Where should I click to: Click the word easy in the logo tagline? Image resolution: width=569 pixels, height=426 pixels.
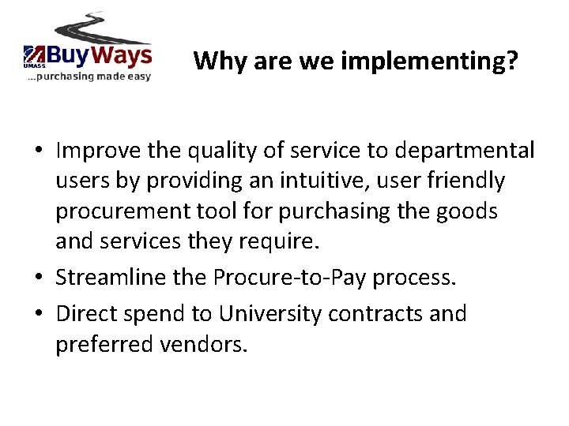134,77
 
